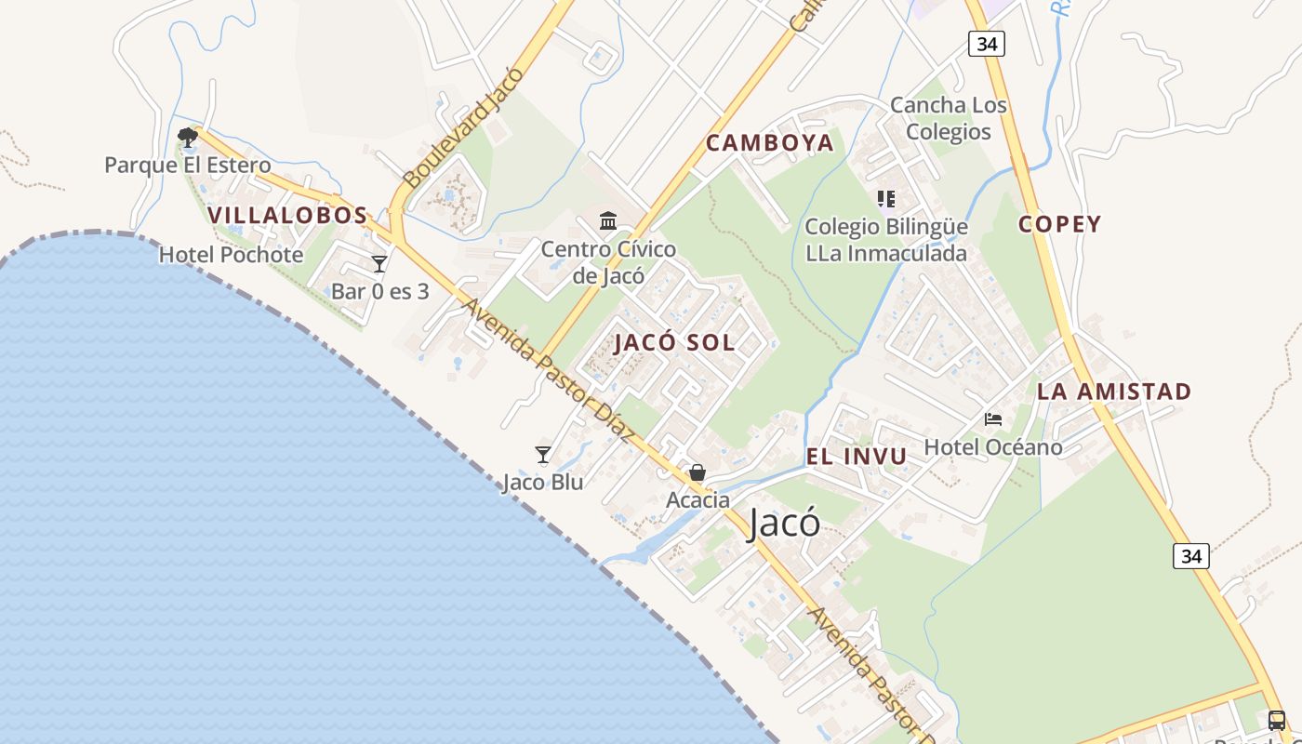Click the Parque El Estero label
pos(188,166)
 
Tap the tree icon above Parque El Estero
pos(188,138)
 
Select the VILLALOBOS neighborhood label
pos(288,216)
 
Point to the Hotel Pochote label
pos(231,255)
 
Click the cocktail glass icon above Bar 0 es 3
pos(379,264)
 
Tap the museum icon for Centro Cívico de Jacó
pos(609,221)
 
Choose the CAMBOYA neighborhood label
pos(769,143)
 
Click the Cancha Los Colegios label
pos(949,118)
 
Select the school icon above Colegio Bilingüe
pos(885,199)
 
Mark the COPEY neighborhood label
pos(1059,224)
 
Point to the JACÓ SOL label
pos(674,342)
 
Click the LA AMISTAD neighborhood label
pos(1114,392)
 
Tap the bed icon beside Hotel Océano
pos(993,419)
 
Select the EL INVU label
pos(856,457)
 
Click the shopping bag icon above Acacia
pos(697,473)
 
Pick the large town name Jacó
pos(784,524)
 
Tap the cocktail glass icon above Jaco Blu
pos(543,455)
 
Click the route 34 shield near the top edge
pos(986,44)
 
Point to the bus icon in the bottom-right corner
pos(1277,720)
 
